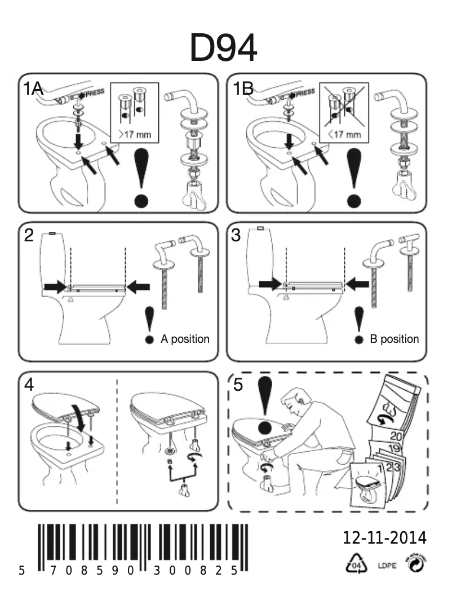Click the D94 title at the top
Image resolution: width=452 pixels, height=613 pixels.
[223, 48]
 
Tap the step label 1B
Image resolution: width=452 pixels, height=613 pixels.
[243, 88]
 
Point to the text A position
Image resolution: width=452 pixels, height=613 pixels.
[185, 339]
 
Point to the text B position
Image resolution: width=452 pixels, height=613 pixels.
[394, 339]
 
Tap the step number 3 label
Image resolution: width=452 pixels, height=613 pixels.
[237, 236]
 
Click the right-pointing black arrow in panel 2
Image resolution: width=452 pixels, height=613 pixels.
[55, 287]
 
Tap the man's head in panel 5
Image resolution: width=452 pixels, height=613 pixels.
[296, 403]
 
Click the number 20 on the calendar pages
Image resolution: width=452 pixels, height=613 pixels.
[395, 435]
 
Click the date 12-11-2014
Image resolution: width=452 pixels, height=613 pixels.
[384, 538]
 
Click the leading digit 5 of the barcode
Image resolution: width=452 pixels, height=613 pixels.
[21, 571]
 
